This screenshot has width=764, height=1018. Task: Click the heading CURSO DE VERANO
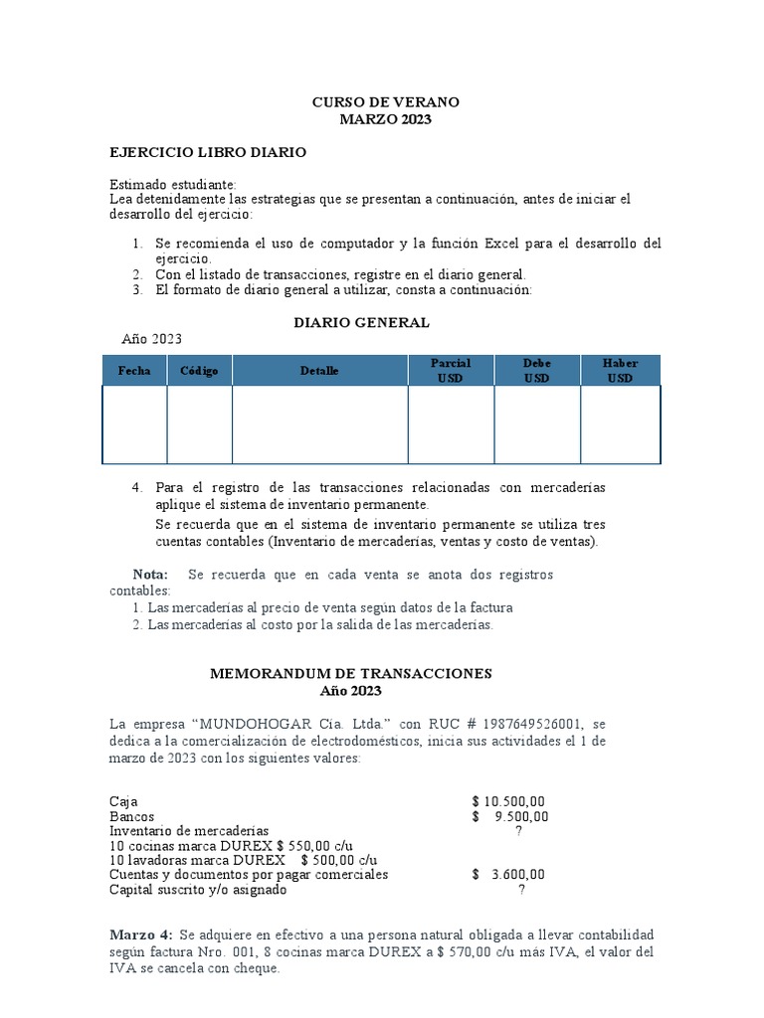coord(385,102)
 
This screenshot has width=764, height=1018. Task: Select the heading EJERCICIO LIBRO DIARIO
coord(208,152)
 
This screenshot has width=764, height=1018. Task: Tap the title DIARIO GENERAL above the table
coord(361,322)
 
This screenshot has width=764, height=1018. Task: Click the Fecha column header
coord(134,371)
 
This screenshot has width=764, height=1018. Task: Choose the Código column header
coord(199,371)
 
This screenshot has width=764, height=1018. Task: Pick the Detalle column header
coord(319,371)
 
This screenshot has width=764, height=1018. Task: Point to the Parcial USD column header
coord(451,371)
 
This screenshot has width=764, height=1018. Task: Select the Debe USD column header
coord(537,371)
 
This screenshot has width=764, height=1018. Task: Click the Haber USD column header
coord(621,371)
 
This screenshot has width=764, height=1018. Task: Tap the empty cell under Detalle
coord(319,424)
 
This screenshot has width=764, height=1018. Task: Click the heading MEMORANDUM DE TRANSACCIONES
coord(350,673)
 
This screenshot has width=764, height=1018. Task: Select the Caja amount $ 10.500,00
coord(508,801)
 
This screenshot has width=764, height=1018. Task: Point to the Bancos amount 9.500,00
coord(519,816)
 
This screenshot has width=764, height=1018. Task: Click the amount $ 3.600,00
coord(508,875)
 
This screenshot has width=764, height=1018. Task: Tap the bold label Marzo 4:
coord(141,935)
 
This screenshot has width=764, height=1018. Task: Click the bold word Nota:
coord(151,575)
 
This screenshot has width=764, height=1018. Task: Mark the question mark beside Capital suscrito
coord(520,890)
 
